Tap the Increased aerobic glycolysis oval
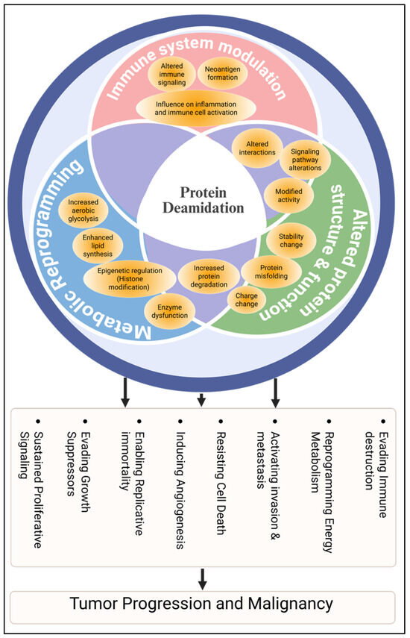click(88, 207)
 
